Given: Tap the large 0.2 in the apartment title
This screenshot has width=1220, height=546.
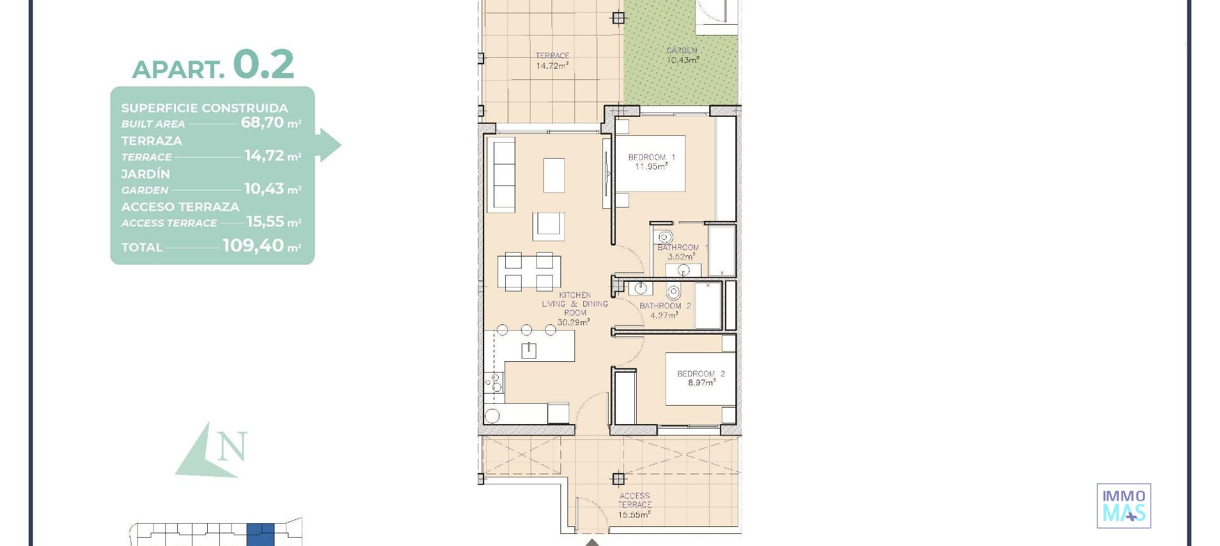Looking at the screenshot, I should click(x=263, y=65).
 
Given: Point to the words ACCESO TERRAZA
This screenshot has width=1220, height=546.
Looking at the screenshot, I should click(x=180, y=207).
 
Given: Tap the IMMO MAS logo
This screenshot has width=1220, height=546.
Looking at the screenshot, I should click(x=1123, y=506).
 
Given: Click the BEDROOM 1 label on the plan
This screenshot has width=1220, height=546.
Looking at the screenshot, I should click(x=651, y=157).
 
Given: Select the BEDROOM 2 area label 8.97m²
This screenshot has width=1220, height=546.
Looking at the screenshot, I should click(x=701, y=383).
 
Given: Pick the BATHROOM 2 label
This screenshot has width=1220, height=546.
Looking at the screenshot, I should click(x=665, y=306).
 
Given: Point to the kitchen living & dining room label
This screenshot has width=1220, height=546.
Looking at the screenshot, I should click(x=574, y=304).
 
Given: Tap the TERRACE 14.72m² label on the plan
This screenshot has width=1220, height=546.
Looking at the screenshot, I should click(x=552, y=61).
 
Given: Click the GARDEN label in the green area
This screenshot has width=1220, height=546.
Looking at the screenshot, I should click(x=682, y=51).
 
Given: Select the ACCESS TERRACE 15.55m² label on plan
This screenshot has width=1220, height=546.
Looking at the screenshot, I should click(x=634, y=505).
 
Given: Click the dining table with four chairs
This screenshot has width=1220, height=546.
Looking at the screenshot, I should click(x=529, y=271).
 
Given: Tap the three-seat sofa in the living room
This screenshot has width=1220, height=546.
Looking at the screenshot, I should click(x=501, y=176).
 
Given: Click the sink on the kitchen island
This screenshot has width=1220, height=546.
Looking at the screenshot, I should click(x=528, y=350).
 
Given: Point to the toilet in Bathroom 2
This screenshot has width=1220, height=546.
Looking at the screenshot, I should click(x=674, y=292).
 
